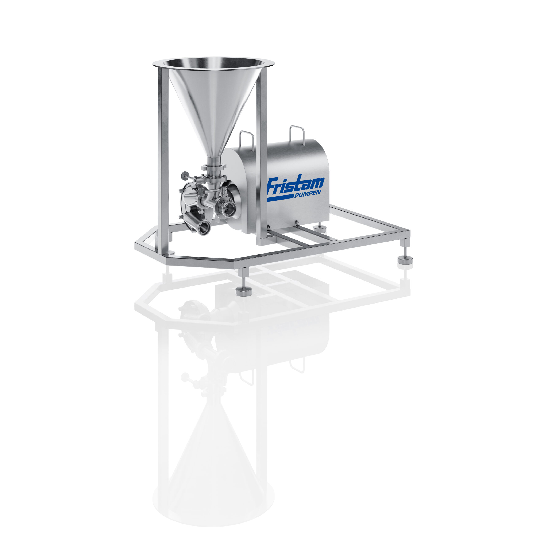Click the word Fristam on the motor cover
296,185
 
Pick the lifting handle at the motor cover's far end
297,134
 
